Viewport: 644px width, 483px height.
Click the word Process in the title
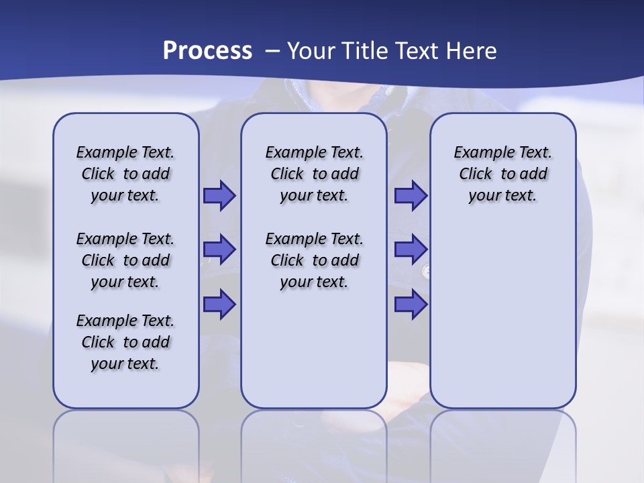coord(207,51)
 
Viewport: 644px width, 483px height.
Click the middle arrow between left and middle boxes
coord(219,250)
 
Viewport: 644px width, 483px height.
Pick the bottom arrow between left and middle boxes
coord(219,304)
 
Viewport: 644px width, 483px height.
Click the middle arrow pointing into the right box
coord(411,250)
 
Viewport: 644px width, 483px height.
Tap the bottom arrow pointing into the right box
coord(411,304)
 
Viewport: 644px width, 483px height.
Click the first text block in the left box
coord(125,174)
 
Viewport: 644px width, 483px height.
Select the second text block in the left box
coord(125,260)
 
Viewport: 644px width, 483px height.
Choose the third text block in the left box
coord(125,342)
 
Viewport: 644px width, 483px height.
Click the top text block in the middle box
coord(314,174)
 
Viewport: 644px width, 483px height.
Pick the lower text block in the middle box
coord(314,260)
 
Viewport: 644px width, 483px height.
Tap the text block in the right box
coord(502,174)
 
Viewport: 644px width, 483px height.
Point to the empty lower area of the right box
coord(502,315)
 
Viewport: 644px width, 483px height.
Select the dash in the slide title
coord(272,51)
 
